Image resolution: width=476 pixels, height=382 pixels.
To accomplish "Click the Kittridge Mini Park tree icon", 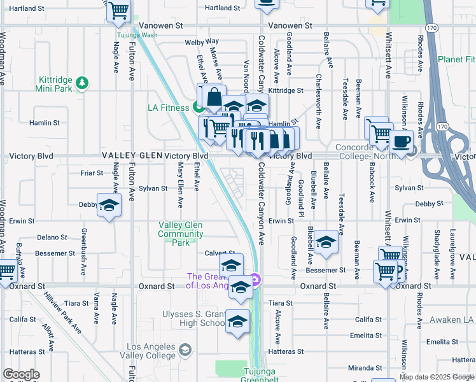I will pyautogui.click(x=81, y=83).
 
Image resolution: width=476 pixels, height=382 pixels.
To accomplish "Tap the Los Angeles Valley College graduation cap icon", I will pyautogui.click(x=185, y=350).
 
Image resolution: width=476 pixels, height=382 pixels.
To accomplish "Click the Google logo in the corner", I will pyautogui.click(x=20, y=374).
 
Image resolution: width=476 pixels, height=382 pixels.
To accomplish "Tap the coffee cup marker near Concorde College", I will pyautogui.click(x=401, y=142).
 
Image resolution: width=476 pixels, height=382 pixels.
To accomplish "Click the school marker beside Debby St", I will pyautogui.click(x=109, y=205).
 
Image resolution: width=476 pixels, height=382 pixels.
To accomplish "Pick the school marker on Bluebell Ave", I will pyautogui.click(x=325, y=242).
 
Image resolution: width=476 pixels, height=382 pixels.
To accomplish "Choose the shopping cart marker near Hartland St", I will pyautogui.click(x=118, y=10).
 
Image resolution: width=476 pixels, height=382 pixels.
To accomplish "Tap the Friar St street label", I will pyautogui.click(x=92, y=173).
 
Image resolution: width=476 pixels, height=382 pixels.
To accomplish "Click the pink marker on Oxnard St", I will pyautogui.click(x=255, y=279).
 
